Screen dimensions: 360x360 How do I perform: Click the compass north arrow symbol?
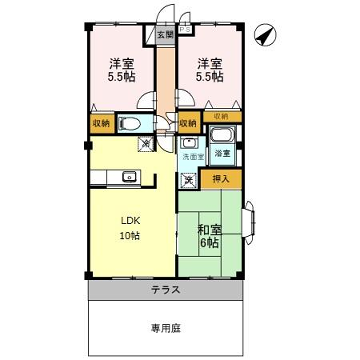tap(266, 34)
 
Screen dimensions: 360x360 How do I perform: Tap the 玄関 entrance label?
tap(164, 35)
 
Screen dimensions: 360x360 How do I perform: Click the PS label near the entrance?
tap(186, 16)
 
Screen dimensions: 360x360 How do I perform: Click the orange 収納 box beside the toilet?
tap(101, 124)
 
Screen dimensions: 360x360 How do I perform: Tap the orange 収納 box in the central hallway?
tap(187, 124)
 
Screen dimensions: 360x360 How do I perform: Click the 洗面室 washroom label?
tap(191, 158)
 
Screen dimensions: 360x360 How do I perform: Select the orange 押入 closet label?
tap(220, 179)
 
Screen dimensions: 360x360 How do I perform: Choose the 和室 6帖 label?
tap(208, 233)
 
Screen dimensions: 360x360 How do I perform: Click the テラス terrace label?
tap(165, 290)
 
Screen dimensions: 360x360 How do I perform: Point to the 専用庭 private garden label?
tap(165, 328)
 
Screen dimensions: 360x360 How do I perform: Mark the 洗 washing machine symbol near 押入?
tap(189, 180)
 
